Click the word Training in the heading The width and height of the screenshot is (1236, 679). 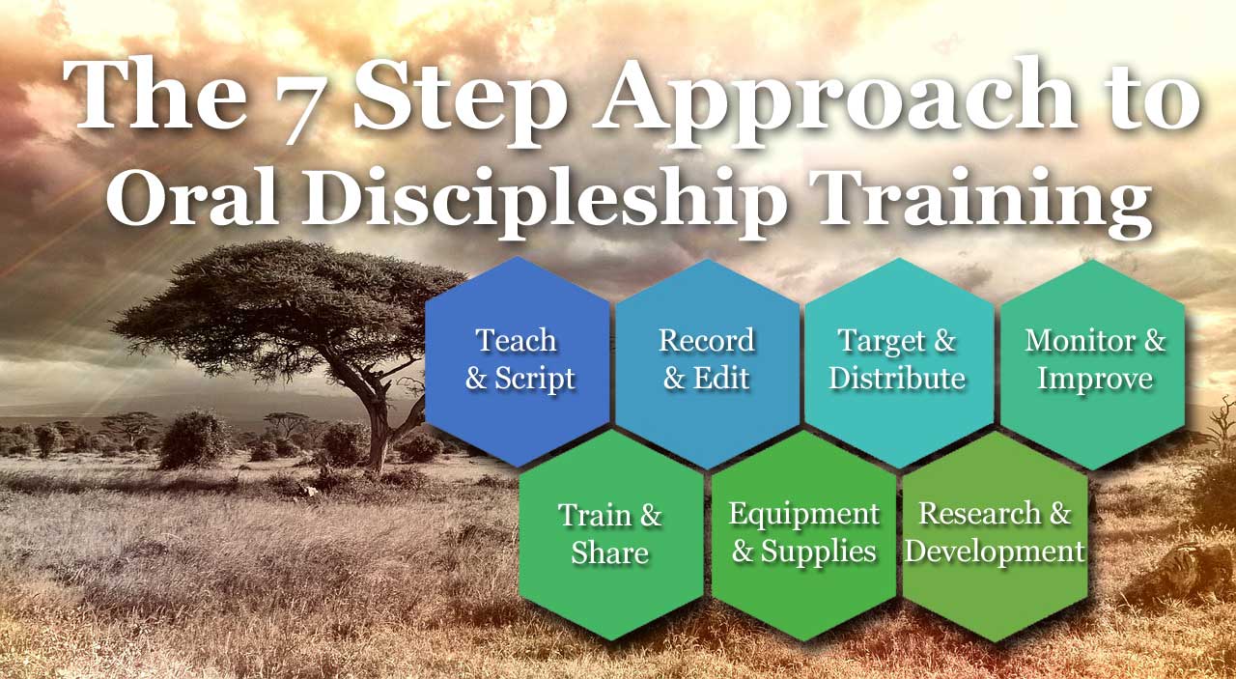(981, 203)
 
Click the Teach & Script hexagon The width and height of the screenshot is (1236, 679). (518, 361)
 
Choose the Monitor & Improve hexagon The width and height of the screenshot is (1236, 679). (1092, 364)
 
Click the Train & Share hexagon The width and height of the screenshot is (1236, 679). (611, 534)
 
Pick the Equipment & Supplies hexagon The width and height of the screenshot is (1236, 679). (803, 534)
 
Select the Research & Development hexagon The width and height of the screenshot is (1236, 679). (996, 535)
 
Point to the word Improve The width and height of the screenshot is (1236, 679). (1095, 380)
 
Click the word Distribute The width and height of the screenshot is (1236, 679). (897, 379)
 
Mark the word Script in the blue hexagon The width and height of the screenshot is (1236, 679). (535, 380)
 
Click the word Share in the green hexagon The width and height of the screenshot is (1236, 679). (609, 553)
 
